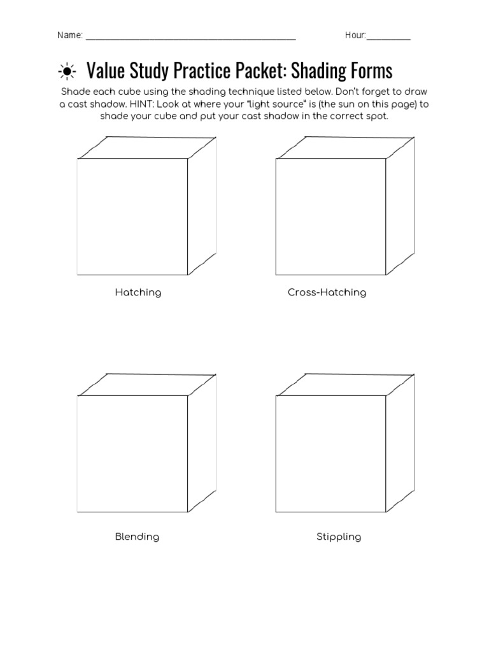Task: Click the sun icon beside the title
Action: coord(66,70)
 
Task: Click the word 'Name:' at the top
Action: coord(70,36)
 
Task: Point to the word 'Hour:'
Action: coord(355,36)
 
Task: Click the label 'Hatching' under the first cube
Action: coord(138,293)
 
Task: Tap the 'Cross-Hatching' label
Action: coord(327,293)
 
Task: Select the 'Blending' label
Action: coord(137,537)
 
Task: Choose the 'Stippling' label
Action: coord(339,537)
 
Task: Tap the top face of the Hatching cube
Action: coord(147,148)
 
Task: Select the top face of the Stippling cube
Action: coord(346,385)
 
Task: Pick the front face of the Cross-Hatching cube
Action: coord(331,216)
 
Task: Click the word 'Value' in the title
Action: coord(104,70)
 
